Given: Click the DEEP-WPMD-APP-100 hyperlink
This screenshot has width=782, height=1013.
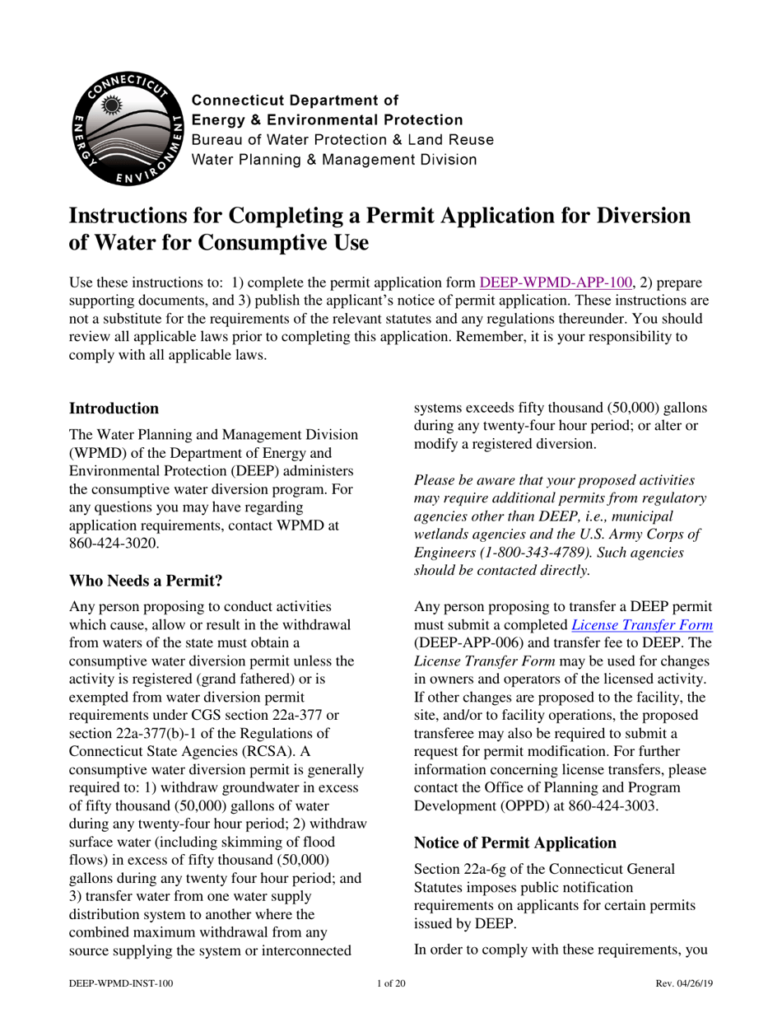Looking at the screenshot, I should (x=556, y=282).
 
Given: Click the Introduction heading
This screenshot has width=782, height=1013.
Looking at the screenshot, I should (x=114, y=408).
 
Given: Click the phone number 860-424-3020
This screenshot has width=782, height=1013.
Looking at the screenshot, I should (x=109, y=544).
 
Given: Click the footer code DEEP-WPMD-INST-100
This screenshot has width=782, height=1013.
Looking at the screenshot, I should (x=121, y=983).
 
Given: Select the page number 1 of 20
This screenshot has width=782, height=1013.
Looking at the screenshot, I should (x=390, y=983).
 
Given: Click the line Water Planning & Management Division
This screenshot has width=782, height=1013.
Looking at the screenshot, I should (x=333, y=160).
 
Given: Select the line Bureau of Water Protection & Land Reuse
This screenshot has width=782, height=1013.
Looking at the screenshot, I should (x=342, y=140).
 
